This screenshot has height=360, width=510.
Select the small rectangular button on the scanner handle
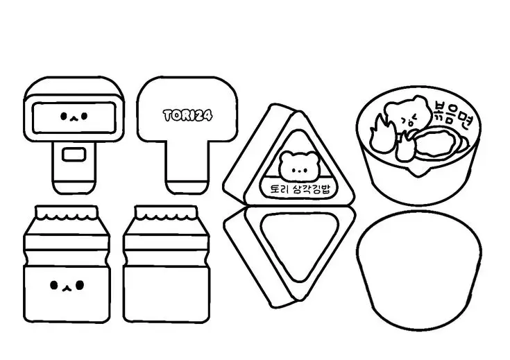72,153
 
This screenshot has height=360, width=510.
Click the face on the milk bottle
67,284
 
